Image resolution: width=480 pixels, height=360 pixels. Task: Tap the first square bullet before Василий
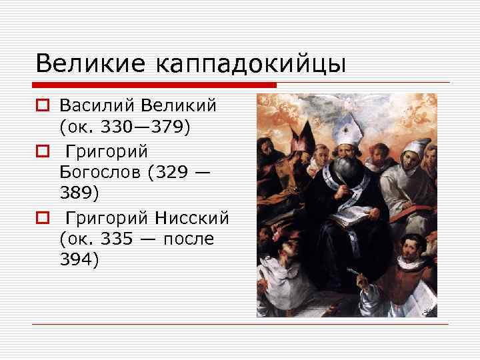42,107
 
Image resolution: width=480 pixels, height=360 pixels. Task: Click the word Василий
96,106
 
